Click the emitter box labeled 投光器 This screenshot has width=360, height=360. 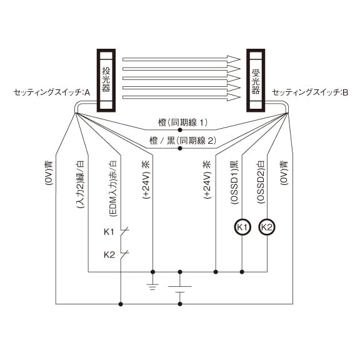tap(106, 81)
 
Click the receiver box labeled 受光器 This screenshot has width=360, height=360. tap(256, 81)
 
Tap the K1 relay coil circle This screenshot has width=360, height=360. tap(242, 227)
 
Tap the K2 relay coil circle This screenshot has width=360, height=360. tap(267, 227)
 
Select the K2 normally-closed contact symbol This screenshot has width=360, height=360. tap(124, 254)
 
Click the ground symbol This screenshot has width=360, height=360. tap(152, 287)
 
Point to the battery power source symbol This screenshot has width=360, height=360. tap(180, 289)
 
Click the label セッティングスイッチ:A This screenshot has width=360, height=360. tap(52, 92)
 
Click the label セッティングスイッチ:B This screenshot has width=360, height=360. tap(310, 92)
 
